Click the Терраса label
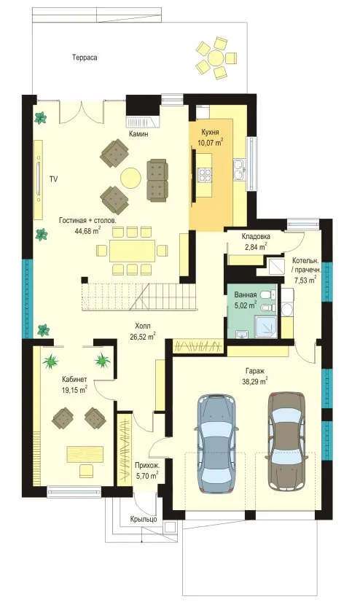click(85, 58)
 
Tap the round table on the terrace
click(216, 59)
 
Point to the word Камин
click(138, 134)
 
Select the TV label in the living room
click(54, 179)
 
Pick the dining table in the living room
click(133, 251)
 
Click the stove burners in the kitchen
click(205, 175)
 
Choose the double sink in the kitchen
click(238, 170)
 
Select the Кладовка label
click(256, 236)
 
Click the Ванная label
click(246, 295)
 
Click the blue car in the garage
click(217, 442)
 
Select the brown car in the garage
click(286, 441)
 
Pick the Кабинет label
click(74, 380)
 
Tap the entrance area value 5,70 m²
click(147, 477)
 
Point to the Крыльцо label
click(144, 519)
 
